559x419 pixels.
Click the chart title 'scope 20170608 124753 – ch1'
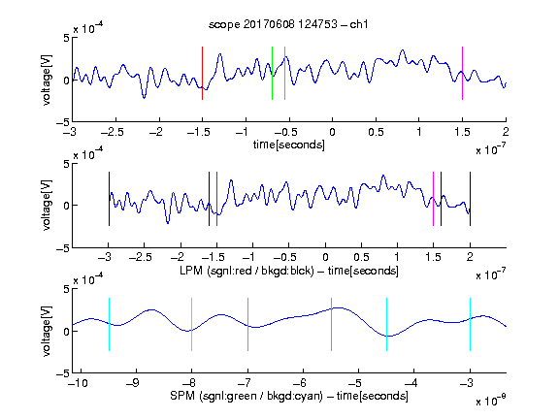288,24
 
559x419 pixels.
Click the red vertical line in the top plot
202,73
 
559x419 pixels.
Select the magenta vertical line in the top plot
462,73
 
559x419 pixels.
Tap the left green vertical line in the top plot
272,73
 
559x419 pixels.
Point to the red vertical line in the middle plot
216,199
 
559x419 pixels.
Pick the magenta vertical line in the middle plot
433,199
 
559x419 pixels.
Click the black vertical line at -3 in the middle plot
109,199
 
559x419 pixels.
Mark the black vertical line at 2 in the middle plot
470,199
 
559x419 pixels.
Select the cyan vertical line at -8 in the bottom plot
191,324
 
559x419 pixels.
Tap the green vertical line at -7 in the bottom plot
247,324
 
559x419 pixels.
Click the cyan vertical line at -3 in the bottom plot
470,324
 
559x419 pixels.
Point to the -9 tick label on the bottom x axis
133,383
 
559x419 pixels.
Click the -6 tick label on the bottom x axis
300,383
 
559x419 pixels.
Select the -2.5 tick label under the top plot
113,132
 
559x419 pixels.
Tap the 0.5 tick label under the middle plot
361,257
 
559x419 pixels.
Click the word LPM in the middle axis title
191,271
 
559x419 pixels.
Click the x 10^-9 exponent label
491,400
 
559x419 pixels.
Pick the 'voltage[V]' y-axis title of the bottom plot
47,331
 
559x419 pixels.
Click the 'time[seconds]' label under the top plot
289,145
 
